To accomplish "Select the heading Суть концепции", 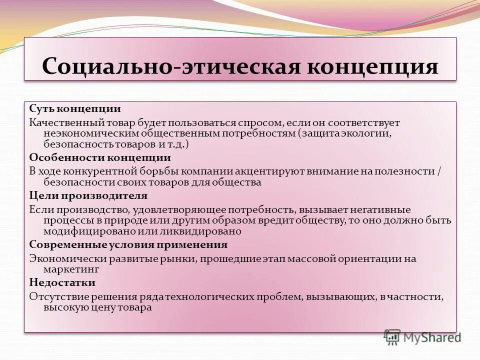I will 74,108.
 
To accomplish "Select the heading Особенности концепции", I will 100,157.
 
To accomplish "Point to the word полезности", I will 408,171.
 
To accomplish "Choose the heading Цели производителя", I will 88,195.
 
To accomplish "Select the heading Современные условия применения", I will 128,244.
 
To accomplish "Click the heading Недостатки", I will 62,282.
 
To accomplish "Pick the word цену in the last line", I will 100,308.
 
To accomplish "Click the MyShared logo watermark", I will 422,336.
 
